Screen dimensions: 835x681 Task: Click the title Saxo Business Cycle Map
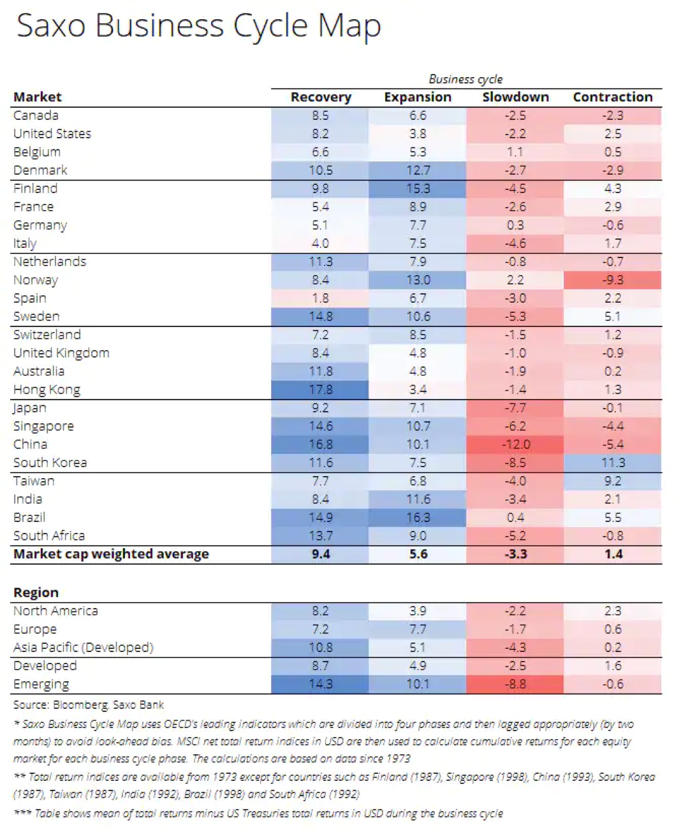198,27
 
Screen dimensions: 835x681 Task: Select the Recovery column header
321,97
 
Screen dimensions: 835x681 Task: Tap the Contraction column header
612,97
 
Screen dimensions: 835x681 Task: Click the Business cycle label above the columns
465,79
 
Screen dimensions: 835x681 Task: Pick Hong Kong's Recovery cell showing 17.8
320,389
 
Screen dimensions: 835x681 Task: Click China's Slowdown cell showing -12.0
515,444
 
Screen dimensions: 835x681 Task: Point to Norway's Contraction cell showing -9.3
612,280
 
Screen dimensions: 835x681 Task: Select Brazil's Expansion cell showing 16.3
418,518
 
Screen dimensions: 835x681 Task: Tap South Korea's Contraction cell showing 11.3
612,463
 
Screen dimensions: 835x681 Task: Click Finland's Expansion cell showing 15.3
418,189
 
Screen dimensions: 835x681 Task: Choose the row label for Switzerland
47,335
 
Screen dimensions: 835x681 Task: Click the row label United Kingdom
61,353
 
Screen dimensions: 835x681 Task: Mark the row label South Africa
49,536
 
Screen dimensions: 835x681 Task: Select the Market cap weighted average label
111,555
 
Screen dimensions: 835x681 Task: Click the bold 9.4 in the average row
321,555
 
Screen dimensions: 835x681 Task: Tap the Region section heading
36,593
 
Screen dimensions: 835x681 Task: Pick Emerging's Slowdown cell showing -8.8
515,685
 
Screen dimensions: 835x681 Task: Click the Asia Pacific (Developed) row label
84,648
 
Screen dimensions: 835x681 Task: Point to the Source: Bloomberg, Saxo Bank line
89,705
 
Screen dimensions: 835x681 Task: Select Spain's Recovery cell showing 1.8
320,298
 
